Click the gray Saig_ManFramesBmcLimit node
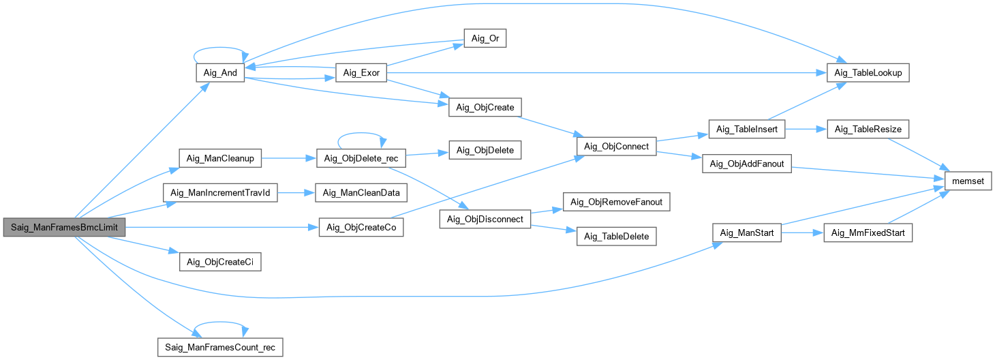point(65,227)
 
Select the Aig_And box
point(220,72)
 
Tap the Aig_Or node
point(485,38)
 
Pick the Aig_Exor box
point(361,72)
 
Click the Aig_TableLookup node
point(868,72)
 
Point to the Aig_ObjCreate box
point(485,107)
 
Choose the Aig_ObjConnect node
point(617,146)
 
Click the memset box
point(968,181)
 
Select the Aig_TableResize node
point(868,129)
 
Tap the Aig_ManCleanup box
point(220,158)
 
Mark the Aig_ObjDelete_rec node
point(361,158)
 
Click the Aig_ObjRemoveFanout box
point(617,202)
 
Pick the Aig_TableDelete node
point(617,237)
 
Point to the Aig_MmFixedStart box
point(868,232)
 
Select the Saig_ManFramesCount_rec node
point(220,347)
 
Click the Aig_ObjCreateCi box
point(220,262)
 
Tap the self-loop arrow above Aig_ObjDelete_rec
point(361,133)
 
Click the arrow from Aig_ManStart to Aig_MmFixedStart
point(802,232)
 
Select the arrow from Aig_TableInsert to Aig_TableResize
point(806,129)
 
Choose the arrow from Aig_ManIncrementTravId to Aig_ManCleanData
point(296,192)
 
